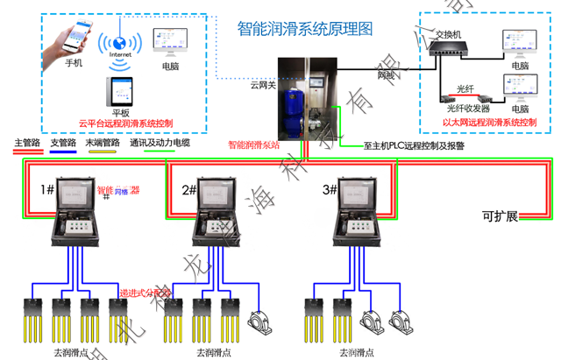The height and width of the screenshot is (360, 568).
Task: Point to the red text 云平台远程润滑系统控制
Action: click(x=124, y=124)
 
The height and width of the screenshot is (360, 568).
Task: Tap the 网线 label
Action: click(x=386, y=76)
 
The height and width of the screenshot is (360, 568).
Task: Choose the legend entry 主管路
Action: click(x=27, y=142)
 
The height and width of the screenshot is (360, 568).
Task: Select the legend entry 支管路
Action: click(x=64, y=142)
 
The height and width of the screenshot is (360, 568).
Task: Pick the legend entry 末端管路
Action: click(x=103, y=142)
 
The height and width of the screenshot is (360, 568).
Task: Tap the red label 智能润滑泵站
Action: click(x=253, y=145)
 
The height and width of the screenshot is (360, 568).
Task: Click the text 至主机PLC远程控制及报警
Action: click(x=414, y=146)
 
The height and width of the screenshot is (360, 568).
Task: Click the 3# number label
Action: click(x=330, y=189)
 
